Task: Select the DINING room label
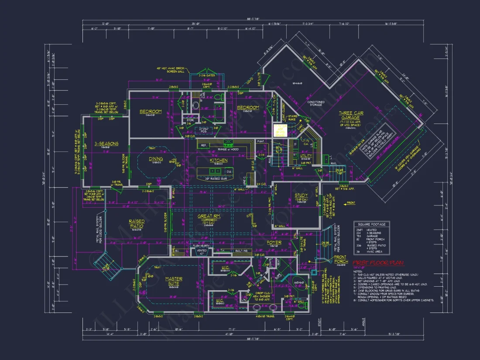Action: [156, 159]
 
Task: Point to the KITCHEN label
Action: [219, 160]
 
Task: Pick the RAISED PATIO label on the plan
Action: [137, 224]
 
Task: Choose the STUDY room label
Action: [301, 195]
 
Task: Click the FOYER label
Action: [274, 243]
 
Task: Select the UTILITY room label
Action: [306, 155]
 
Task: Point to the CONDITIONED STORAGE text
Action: [315, 104]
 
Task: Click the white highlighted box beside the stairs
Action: [281, 130]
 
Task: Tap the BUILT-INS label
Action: [241, 251]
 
